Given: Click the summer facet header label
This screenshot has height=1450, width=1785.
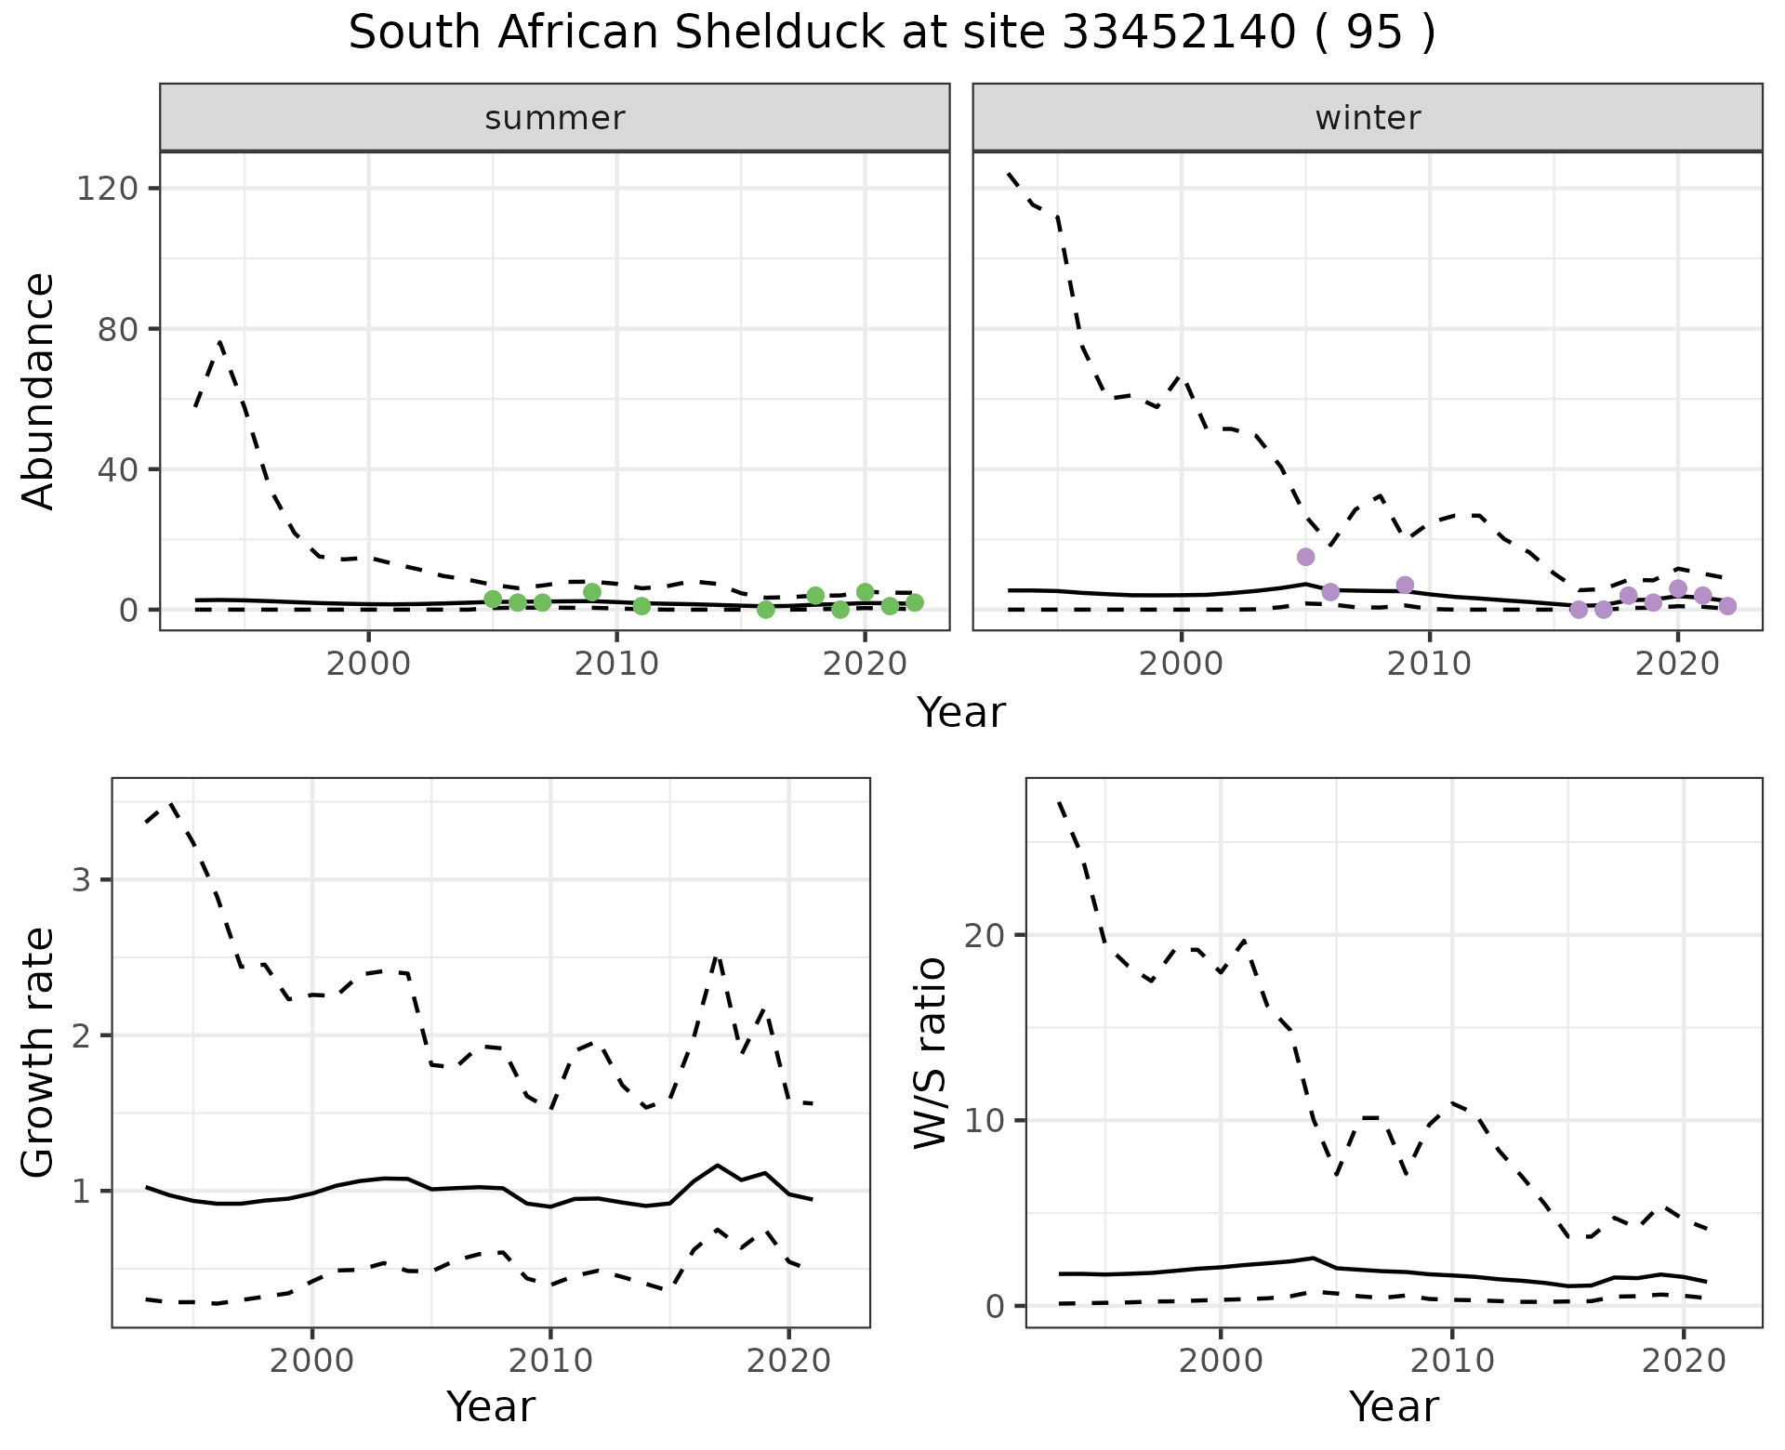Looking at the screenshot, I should point(555,118).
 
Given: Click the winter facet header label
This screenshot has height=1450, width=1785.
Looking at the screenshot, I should point(1368,118).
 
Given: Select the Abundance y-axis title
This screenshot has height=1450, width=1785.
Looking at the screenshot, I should point(39,390).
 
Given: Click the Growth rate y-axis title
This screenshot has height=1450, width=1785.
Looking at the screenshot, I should point(39,1052).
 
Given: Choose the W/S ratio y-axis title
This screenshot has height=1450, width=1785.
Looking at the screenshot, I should point(931,1052).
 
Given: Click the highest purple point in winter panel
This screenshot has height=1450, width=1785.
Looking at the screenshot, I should point(1305,557).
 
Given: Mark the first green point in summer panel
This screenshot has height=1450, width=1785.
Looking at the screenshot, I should point(493,599).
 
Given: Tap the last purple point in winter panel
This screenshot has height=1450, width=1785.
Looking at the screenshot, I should point(1727,606).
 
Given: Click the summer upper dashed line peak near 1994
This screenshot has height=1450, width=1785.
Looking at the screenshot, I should point(220,342).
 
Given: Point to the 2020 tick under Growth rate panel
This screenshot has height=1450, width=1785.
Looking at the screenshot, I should point(788,1362).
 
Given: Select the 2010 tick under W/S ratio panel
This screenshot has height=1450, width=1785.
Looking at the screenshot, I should point(1451,1362).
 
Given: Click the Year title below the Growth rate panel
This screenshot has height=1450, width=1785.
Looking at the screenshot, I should point(491,1407).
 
